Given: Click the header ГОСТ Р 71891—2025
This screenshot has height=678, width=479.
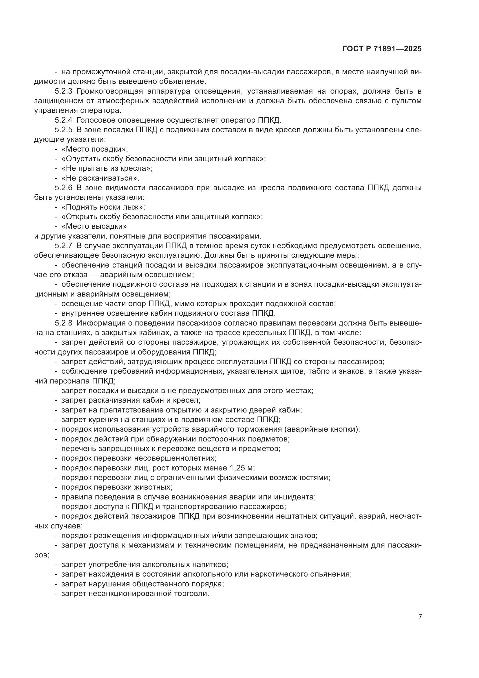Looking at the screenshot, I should point(382,49).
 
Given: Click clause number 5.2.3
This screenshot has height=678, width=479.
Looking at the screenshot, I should point(63,91).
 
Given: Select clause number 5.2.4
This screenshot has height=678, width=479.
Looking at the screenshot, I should point(63,120).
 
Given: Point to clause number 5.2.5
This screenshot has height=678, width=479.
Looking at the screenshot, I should point(63,130).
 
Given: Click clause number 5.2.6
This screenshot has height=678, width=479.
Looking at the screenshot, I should point(63,188).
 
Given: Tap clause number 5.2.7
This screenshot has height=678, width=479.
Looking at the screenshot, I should point(63,246).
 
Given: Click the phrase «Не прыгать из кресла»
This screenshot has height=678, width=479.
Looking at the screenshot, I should point(107,168).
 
